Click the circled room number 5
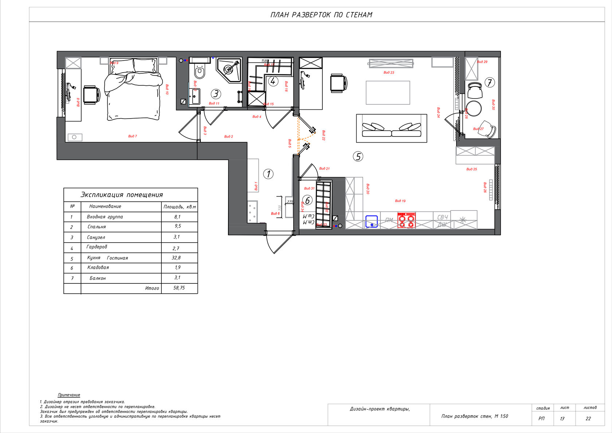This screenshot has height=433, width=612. point(358,156)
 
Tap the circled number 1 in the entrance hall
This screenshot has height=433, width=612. point(268,174)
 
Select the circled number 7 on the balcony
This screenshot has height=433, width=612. point(490,82)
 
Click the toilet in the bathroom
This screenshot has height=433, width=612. point(199,71)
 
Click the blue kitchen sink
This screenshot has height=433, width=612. point(372,221)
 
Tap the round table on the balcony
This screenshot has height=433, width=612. point(474,108)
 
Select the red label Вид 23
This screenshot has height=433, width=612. point(389,73)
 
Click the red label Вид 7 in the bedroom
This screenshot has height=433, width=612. point(133,136)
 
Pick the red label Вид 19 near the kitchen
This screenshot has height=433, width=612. point(400,201)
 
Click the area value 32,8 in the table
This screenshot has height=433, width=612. point(176,258)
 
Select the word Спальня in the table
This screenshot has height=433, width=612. point(97,227)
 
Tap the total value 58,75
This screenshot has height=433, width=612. point(179,288)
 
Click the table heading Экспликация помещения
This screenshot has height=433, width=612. point(122,195)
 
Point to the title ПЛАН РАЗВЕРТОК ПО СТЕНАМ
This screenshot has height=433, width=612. point(321,15)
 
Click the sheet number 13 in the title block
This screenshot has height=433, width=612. point(562,418)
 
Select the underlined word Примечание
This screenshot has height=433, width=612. point(69,395)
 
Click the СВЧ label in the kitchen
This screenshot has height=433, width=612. point(442,217)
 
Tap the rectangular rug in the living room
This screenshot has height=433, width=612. point(388,93)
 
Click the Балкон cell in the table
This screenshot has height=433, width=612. point(98,278)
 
